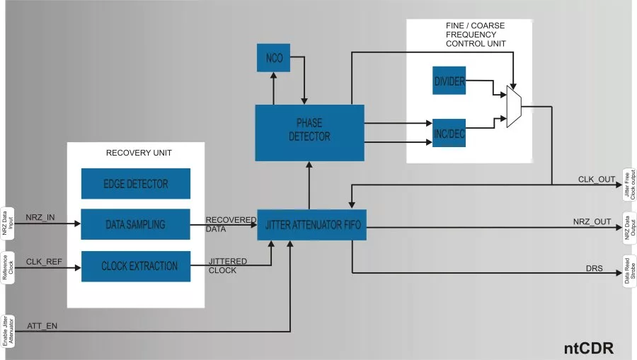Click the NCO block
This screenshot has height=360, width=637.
pos(273,58)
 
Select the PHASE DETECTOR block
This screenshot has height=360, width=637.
pos(309,132)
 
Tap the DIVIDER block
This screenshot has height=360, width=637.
pos(449,82)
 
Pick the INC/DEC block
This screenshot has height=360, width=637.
pos(449,132)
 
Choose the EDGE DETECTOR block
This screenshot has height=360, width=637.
pos(136,184)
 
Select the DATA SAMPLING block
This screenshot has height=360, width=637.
pos(136,224)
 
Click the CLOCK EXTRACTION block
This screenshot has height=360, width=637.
pos(136,266)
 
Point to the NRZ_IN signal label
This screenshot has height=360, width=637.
pos(40,217)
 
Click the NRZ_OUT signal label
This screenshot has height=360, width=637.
pos(592,221)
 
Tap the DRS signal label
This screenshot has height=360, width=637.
pos(595,269)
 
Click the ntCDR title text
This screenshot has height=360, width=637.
pos(587,348)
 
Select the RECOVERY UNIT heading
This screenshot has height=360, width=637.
pos(139,153)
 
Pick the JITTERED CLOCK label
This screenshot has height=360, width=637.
pos(227,265)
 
